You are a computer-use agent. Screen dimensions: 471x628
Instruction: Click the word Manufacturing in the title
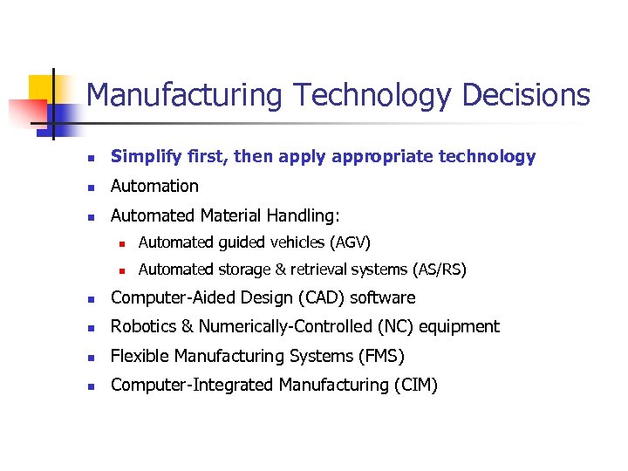click(184, 94)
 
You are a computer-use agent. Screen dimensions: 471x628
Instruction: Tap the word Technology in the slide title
click(372, 94)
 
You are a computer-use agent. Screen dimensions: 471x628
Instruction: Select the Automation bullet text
click(154, 186)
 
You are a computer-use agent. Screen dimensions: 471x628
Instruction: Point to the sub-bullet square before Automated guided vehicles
click(124, 242)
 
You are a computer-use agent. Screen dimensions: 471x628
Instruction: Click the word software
click(383, 297)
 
